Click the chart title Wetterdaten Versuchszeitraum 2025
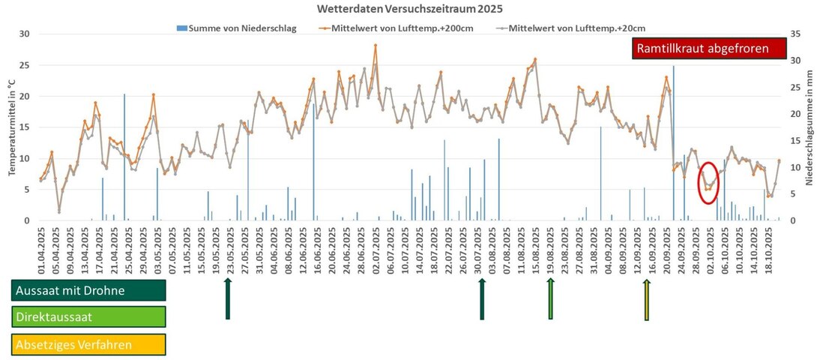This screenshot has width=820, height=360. tap(409, 9)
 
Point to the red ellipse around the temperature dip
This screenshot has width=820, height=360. tap(709, 182)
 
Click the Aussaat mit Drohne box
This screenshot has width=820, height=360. tap(88, 290)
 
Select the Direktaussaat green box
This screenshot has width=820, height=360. tap(88, 317)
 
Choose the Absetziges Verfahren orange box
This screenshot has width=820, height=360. tap(88, 344)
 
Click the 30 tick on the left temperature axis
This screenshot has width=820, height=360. tap(25, 34)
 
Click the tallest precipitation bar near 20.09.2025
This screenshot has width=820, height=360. tap(673, 142)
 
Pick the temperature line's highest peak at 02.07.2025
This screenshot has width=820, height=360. tap(376, 46)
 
